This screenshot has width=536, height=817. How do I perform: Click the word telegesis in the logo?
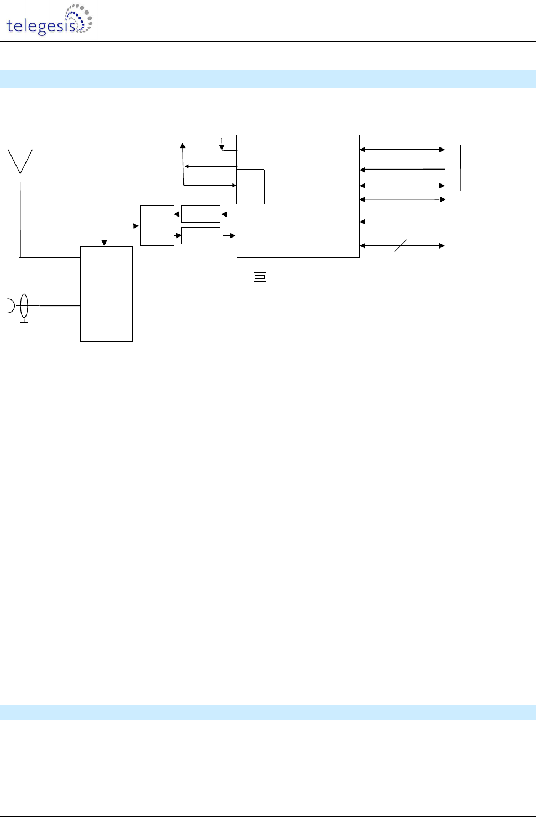coord(40,26)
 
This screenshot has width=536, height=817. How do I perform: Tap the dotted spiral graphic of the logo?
coord(80,18)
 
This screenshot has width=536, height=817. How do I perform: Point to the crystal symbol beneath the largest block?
coord(260,277)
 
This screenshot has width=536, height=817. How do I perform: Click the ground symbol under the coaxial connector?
coord(24,320)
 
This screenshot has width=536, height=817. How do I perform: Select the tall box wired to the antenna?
coord(106,294)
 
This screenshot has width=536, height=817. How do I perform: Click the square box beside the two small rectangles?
coord(157,225)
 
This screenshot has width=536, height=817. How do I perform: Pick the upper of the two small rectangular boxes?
coord(201,214)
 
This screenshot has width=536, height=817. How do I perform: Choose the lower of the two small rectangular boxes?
coord(201,235)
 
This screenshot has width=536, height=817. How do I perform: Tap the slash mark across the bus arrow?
coord(401,246)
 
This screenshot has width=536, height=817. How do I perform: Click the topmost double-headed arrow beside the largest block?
coord(402,150)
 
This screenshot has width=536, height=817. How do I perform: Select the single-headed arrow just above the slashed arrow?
coord(402,222)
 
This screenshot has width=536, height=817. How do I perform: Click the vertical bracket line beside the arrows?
coord(460,167)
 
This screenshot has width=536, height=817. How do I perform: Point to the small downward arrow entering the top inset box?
coord(222,144)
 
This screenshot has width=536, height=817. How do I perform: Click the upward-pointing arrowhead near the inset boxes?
coord(183,146)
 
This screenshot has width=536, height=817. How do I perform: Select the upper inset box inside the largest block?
coord(250,152)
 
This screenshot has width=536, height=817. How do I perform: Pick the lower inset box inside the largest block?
coord(250,187)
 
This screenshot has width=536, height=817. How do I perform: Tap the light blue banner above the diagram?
coord(268,78)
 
